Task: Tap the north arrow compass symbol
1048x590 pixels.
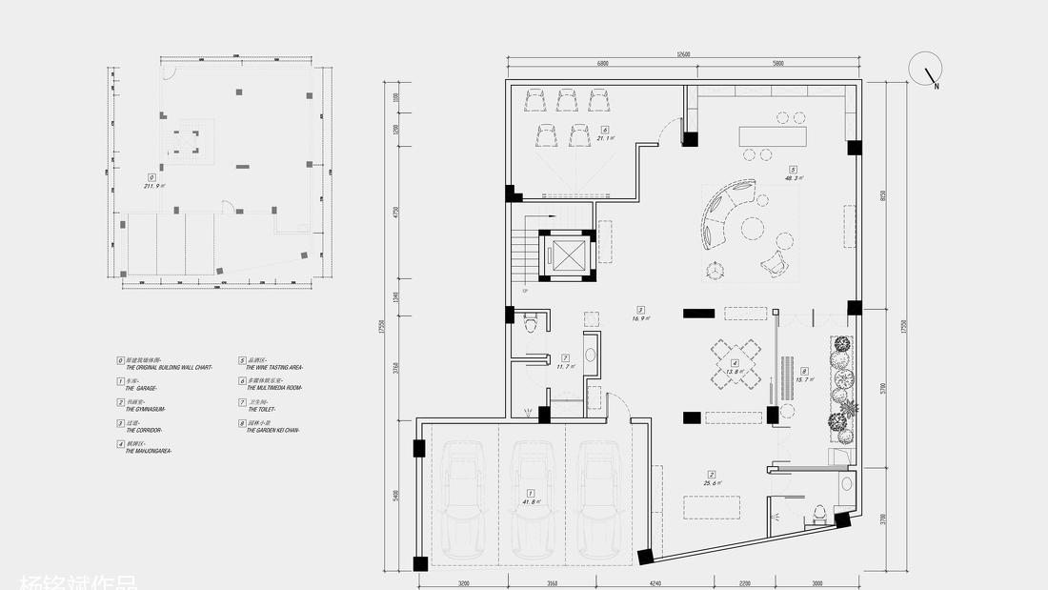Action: pyautogui.click(x=925, y=70)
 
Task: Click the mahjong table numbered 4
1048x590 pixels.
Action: pyautogui.click(x=735, y=363)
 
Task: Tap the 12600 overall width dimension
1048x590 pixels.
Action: pyautogui.click(x=683, y=55)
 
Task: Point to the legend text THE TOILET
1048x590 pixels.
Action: pyautogui.click(x=261, y=409)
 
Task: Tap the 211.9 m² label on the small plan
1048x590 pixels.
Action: pyautogui.click(x=153, y=186)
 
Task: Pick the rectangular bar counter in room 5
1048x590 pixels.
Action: pyautogui.click(x=772, y=134)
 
